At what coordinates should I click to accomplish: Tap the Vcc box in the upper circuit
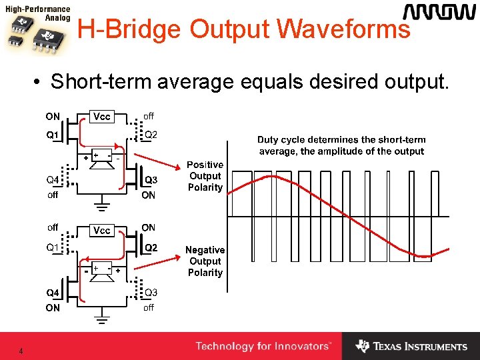tap(102, 117)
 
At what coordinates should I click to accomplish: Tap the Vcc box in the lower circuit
tap(102, 231)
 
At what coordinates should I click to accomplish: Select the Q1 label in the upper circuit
tap(53, 135)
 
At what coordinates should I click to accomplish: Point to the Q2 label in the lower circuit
tap(151, 248)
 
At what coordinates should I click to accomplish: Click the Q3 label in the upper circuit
tap(151, 180)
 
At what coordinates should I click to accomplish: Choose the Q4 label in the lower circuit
tap(53, 293)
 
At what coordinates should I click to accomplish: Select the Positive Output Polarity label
tap(205, 176)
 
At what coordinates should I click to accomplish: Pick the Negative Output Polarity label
tap(205, 261)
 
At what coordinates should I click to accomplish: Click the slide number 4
tap(21, 351)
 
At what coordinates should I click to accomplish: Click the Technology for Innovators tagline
tap(263, 347)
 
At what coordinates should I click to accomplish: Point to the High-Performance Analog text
tap(37, 14)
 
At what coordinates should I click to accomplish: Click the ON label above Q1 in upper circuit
tap(53, 117)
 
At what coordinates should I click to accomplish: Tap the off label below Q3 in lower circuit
tap(149, 307)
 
